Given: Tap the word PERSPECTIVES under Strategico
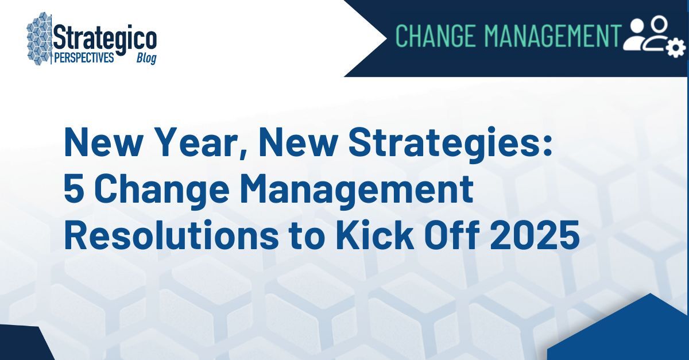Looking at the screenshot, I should tap(84, 58).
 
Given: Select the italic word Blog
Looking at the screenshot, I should tap(146, 59).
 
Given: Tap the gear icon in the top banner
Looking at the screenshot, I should tap(676, 48).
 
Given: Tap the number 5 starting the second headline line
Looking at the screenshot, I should tap(72, 190).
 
